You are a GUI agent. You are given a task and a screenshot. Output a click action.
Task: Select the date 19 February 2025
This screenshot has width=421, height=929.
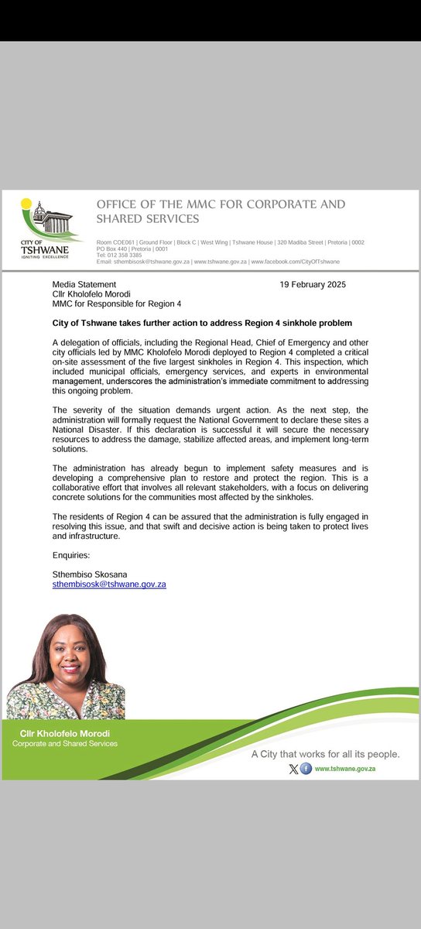click(313, 284)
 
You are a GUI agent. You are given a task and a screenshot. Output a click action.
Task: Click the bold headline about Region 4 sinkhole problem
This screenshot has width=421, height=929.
click(202, 322)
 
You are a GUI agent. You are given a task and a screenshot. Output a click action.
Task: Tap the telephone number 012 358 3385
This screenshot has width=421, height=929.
click(123, 255)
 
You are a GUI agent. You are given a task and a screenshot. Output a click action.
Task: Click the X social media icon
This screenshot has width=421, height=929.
click(293, 769)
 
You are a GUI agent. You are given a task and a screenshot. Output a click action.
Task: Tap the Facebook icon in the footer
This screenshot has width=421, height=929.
click(306, 769)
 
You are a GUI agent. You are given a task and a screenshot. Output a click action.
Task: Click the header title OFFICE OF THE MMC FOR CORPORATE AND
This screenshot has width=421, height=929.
click(221, 204)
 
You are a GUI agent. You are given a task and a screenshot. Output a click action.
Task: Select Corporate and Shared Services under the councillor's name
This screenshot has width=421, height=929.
click(65, 744)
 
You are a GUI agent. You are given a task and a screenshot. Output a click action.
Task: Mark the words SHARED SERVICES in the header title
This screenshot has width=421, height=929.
click(148, 219)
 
